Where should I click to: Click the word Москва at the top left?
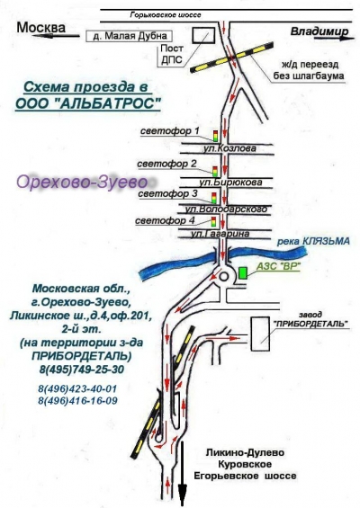click(40, 28)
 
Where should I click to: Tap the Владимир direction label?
click(319, 31)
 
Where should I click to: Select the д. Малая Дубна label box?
click(129, 36)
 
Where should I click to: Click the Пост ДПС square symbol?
click(203, 35)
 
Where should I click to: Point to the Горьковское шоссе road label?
click(166, 15)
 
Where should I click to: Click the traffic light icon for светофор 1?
click(215, 136)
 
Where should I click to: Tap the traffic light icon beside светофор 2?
click(215, 171)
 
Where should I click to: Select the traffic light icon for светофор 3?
click(213, 198)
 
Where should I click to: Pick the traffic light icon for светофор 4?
click(213, 222)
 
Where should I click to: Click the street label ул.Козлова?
click(229, 148)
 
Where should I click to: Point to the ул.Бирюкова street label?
click(230, 183)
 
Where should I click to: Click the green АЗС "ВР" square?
click(243, 272)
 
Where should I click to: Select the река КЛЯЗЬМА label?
click(313, 241)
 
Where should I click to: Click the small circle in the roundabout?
click(224, 277)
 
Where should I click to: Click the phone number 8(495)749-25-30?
click(82, 370)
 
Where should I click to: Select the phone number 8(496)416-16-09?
click(77, 401)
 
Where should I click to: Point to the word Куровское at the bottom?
click(245, 464)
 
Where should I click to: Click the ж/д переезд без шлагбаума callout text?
click(309, 70)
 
